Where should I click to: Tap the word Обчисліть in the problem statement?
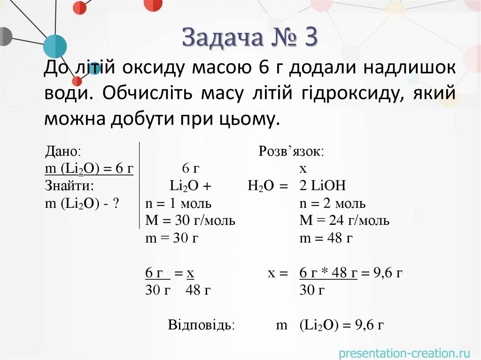pyautogui.click(x=148, y=93)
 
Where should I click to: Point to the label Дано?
pyautogui.click(x=63, y=151)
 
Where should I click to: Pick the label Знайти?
pyautogui.click(x=70, y=186)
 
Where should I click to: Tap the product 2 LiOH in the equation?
pyautogui.click(x=322, y=186)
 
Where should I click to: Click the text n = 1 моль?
pyautogui.click(x=178, y=203)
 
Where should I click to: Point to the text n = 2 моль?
pyautogui.click(x=333, y=203)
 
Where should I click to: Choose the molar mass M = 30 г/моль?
pyautogui.click(x=190, y=221)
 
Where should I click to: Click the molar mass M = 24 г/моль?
pyautogui.click(x=344, y=221)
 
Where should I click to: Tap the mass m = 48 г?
pyautogui.click(x=326, y=238)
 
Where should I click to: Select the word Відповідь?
pyautogui.click(x=202, y=325)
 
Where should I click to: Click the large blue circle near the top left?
pyautogui.click(x=54, y=46)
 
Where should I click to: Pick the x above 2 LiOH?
pyautogui.click(x=303, y=169)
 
